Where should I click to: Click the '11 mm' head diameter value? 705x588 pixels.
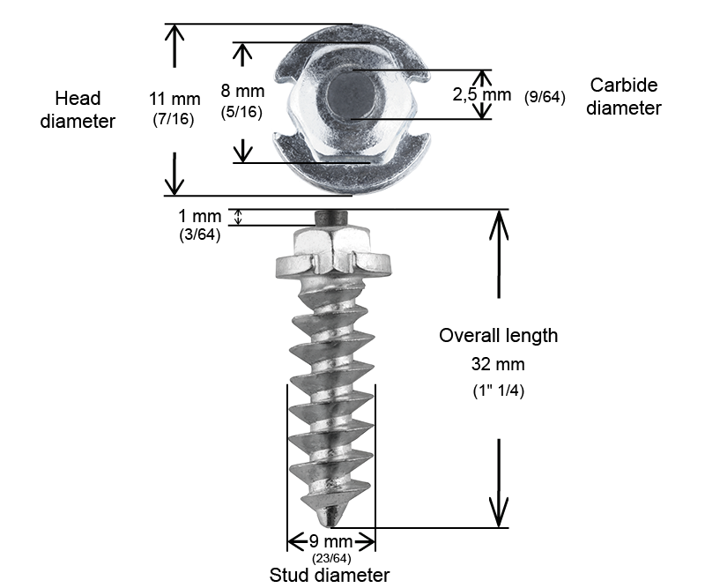click(x=174, y=99)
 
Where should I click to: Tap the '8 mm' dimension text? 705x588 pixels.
click(x=242, y=91)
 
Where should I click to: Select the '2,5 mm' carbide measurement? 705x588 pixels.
click(x=481, y=94)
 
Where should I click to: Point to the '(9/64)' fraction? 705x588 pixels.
click(x=545, y=97)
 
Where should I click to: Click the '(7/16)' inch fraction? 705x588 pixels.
click(x=174, y=119)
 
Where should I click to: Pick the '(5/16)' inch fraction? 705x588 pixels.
click(x=241, y=112)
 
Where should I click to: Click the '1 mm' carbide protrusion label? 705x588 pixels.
click(x=200, y=216)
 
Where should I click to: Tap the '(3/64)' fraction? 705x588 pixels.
click(x=200, y=234)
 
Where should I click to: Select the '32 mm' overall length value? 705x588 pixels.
click(x=498, y=364)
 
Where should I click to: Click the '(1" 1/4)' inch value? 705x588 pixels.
click(x=498, y=390)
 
